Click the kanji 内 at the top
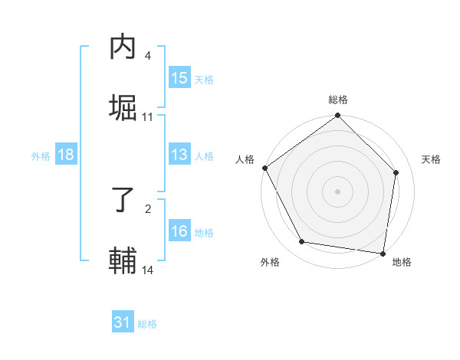pyautogui.click(x=123, y=48)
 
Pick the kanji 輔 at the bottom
pyautogui.click(x=123, y=260)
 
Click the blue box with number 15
pyautogui.click(x=179, y=78)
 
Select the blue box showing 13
pyautogui.click(x=179, y=155)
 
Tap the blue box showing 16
pyautogui.click(x=179, y=231)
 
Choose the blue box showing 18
pyautogui.click(x=66, y=155)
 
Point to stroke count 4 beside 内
pyautogui.click(x=148, y=56)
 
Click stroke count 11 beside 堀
pyautogui.click(x=148, y=117)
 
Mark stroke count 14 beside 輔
pyautogui.click(x=148, y=270)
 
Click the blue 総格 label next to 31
pyautogui.click(x=147, y=324)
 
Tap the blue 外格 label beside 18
pyautogui.click(x=41, y=155)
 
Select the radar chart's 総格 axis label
pyautogui.click(x=338, y=100)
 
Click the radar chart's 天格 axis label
pyautogui.click(x=432, y=159)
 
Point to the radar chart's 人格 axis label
pyautogui.click(x=245, y=159)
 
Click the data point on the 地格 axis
pyautogui.click(x=383, y=253)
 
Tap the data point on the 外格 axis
pyautogui.click(x=302, y=242)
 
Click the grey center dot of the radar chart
pyautogui.click(x=338, y=191)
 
